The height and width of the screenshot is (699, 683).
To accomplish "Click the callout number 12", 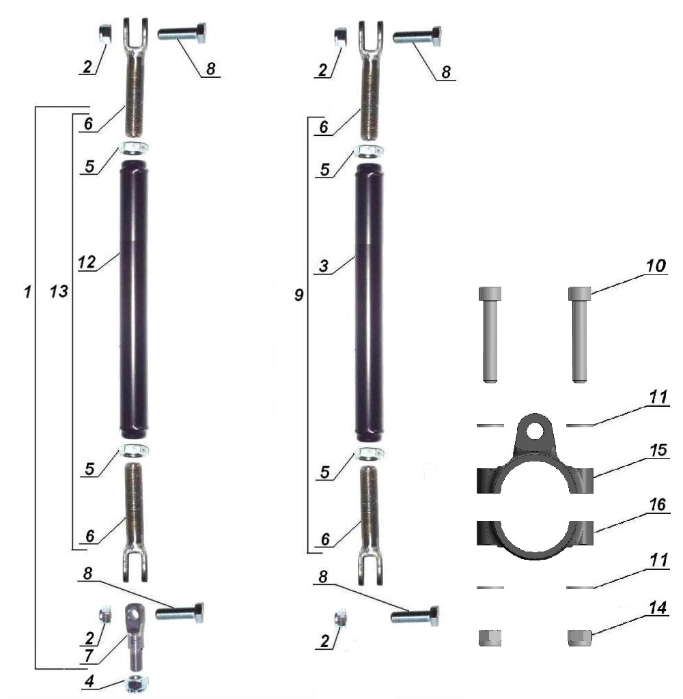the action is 87,262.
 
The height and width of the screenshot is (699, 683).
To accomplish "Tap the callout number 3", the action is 324,266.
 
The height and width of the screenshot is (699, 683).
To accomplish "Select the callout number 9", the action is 299,295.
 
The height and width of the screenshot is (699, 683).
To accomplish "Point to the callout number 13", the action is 59,291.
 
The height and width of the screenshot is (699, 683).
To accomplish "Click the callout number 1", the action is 27,292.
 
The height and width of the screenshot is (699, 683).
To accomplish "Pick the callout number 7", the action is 88,655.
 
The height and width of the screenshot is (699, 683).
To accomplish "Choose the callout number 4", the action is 89,681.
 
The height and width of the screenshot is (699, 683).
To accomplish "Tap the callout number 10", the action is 656,266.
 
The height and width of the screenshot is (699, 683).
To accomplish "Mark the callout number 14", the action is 658,607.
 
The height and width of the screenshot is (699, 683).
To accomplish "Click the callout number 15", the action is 658,451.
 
